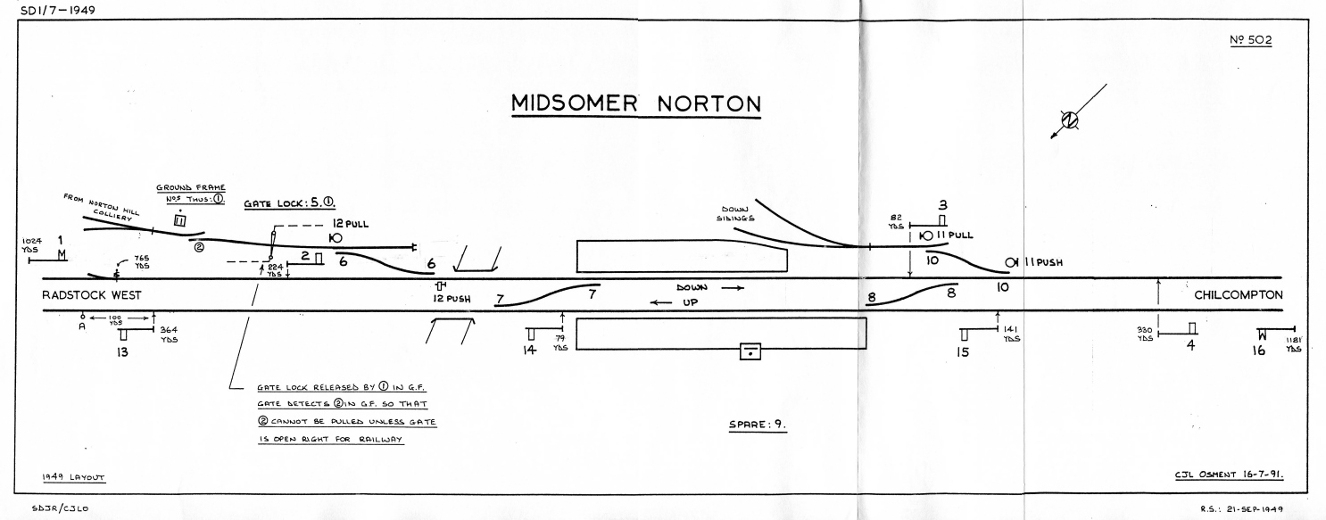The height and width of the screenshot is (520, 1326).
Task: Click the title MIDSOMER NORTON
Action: pyautogui.click(x=635, y=104)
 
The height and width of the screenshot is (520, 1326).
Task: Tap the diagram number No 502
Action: pyautogui.click(x=1249, y=42)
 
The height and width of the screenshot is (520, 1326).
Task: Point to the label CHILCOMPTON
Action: pyautogui.click(x=1238, y=295)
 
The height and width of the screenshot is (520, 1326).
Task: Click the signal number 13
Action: pyautogui.click(x=122, y=352)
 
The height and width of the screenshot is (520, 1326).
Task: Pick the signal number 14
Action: pyautogui.click(x=530, y=351)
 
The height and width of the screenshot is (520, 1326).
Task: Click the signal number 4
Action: pyautogui.click(x=1189, y=346)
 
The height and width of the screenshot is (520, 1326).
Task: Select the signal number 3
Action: pyautogui.click(x=941, y=204)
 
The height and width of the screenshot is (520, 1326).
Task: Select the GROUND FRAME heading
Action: pyautogui.click(x=191, y=187)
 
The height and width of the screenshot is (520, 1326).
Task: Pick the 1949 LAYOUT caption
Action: pyautogui.click(x=74, y=477)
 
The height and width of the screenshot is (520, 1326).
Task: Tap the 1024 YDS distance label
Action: pyautogui.click(x=32, y=245)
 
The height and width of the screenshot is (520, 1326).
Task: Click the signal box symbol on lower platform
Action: pyautogui.click(x=750, y=353)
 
